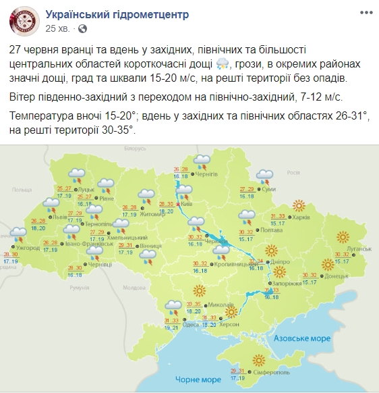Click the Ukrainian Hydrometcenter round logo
pos(24,23)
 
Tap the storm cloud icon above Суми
pos(265,178)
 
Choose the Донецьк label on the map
pos(334,276)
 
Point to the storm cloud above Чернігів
pos(200,161)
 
